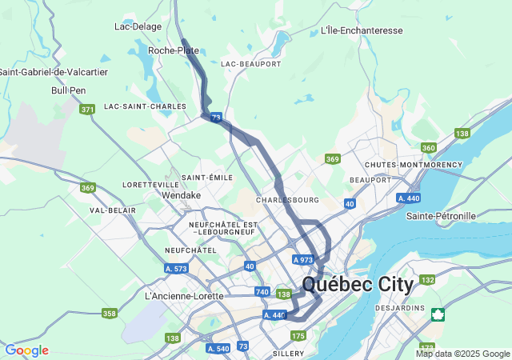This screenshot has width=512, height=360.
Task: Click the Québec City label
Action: (x=358, y=285)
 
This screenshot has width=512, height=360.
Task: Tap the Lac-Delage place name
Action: (x=138, y=26)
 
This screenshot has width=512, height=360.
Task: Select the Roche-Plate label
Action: (x=174, y=50)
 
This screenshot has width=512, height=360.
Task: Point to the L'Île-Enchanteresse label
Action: (x=361, y=30)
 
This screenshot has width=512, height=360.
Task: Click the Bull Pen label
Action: (x=68, y=90)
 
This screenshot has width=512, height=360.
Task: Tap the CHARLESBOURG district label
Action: (x=287, y=199)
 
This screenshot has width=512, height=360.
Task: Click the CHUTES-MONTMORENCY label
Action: (x=413, y=165)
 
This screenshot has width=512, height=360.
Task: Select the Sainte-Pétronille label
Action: (x=441, y=216)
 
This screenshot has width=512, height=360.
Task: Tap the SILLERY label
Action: (x=288, y=353)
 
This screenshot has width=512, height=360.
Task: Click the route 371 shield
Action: (x=88, y=109)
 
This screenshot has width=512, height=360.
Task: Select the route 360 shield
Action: (x=429, y=148)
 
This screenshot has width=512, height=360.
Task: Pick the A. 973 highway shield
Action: (x=303, y=260)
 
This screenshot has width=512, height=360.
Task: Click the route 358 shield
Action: (x=110, y=313)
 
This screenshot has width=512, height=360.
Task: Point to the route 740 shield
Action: (x=262, y=292)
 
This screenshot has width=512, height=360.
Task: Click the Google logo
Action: (x=26, y=350)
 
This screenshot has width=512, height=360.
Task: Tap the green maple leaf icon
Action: (x=438, y=314)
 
